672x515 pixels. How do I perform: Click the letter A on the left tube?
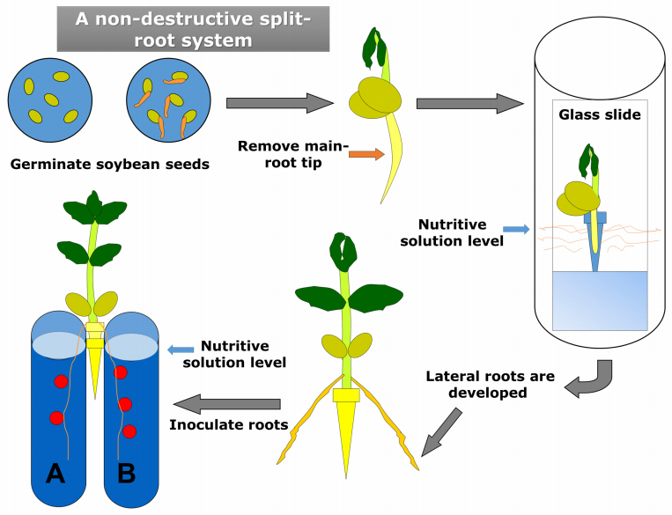(x=55, y=475)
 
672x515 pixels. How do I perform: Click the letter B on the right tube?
(x=127, y=475)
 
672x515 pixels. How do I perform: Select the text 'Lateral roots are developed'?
(x=490, y=385)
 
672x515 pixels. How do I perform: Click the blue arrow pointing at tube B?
(x=180, y=349)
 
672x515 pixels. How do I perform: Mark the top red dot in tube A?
(x=61, y=381)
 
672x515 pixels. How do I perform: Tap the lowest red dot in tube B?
(x=129, y=431)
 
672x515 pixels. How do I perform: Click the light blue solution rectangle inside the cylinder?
(x=599, y=299)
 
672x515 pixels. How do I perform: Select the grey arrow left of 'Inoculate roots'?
(x=227, y=404)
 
